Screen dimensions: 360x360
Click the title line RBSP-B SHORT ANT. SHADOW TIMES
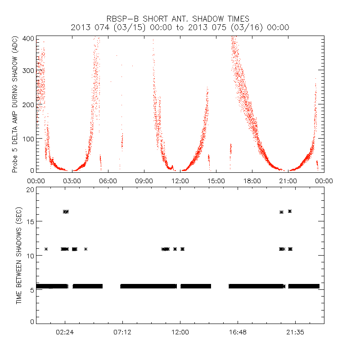pyautogui.click(x=180, y=18)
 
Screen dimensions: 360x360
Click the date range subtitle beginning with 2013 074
pyautogui.click(x=180, y=27)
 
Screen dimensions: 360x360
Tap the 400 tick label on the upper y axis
pyautogui.click(x=27, y=38)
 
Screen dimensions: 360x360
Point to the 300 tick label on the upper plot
pyautogui.click(x=27, y=71)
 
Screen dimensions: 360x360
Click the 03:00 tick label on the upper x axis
pyautogui.click(x=72, y=180)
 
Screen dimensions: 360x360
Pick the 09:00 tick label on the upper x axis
pyautogui.click(x=144, y=180)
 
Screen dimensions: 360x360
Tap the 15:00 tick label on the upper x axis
pyautogui.click(x=216, y=180)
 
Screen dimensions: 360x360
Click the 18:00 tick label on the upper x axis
pyautogui.click(x=252, y=180)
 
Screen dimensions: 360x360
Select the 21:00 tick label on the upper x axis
pyautogui.click(x=288, y=180)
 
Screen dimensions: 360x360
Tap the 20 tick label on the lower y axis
pyautogui.click(x=30, y=189)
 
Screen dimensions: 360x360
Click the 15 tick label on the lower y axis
pyautogui.click(x=30, y=222)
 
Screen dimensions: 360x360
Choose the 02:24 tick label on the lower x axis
pyautogui.click(x=65, y=332)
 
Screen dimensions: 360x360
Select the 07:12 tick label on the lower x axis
pyautogui.click(x=122, y=332)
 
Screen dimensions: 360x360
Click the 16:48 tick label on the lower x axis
pyautogui.click(x=238, y=332)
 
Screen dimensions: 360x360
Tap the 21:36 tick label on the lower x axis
pyautogui.click(x=295, y=332)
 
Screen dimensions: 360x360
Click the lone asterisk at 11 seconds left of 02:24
pyautogui.click(x=46, y=249)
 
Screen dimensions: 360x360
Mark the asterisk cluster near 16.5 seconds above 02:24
pyautogui.click(x=66, y=211)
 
